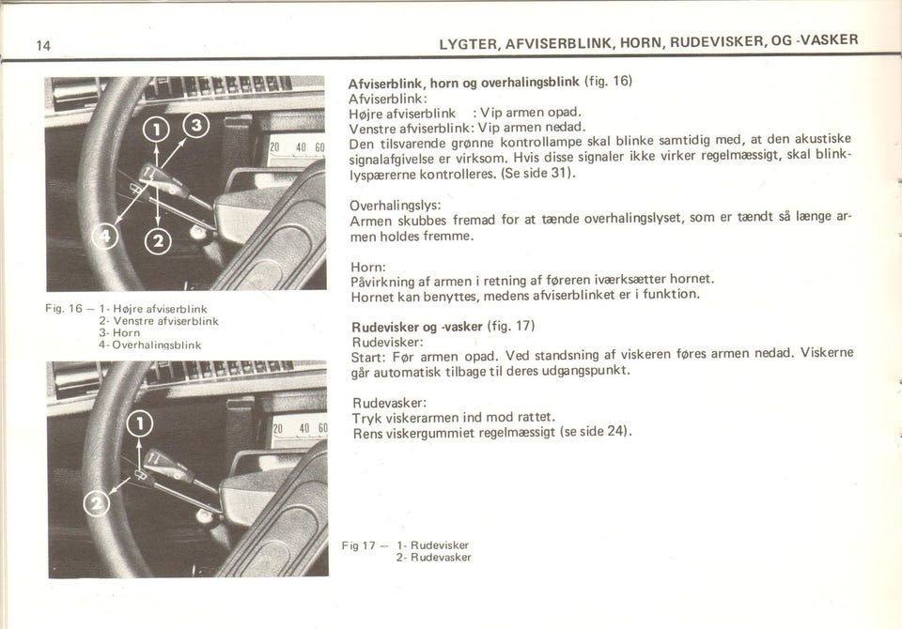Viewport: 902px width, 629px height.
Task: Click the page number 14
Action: (x=42, y=45)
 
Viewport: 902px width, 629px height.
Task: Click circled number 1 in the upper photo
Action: (x=155, y=130)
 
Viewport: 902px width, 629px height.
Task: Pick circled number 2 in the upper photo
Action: (x=159, y=243)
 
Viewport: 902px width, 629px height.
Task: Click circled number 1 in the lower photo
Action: (x=139, y=423)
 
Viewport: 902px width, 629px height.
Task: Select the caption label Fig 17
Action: (x=358, y=545)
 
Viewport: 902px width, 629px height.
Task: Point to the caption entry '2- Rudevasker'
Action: (x=433, y=557)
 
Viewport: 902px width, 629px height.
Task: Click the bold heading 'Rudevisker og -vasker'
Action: (x=416, y=327)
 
